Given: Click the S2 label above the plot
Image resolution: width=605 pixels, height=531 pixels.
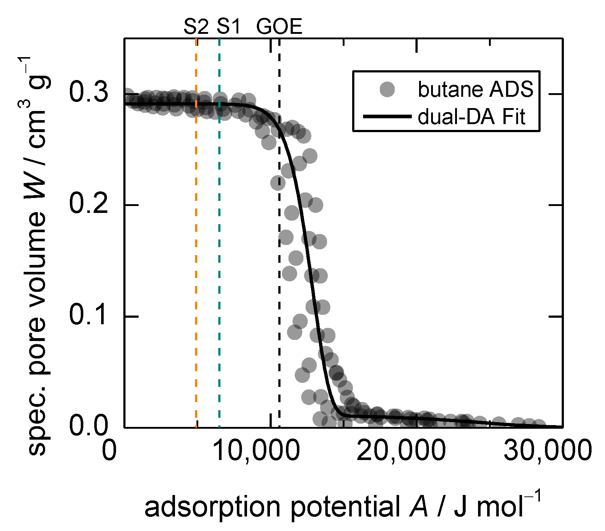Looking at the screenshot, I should click(x=196, y=27).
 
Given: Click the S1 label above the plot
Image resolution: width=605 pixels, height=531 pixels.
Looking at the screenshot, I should click(x=229, y=27).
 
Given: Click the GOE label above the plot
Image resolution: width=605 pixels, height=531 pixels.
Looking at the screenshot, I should click(x=279, y=27).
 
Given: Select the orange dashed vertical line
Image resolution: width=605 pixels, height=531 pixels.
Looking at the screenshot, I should click(x=196, y=255).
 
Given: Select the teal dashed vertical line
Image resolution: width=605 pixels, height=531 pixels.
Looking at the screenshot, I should click(x=219, y=255).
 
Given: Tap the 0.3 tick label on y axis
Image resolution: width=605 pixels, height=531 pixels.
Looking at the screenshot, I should click(x=89, y=94).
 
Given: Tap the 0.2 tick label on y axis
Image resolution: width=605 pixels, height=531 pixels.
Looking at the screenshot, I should click(x=89, y=205).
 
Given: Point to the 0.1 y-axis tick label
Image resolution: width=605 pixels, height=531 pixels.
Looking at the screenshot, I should click(x=89, y=316).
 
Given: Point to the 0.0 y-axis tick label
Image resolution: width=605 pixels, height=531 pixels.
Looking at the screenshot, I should click(x=89, y=427).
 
